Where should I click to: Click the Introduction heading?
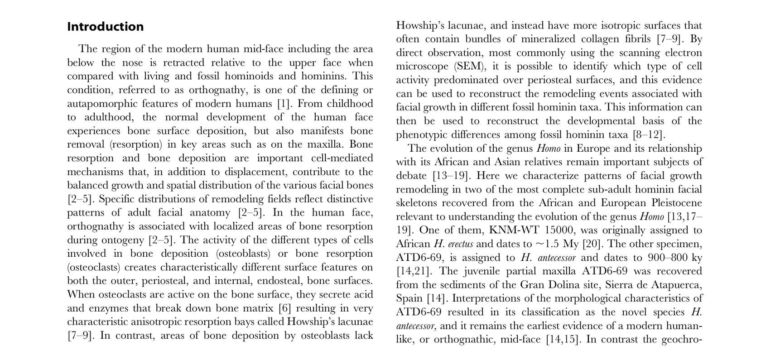[x=105, y=27]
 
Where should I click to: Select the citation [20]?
[x=591, y=244]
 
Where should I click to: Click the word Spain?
[x=409, y=299]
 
